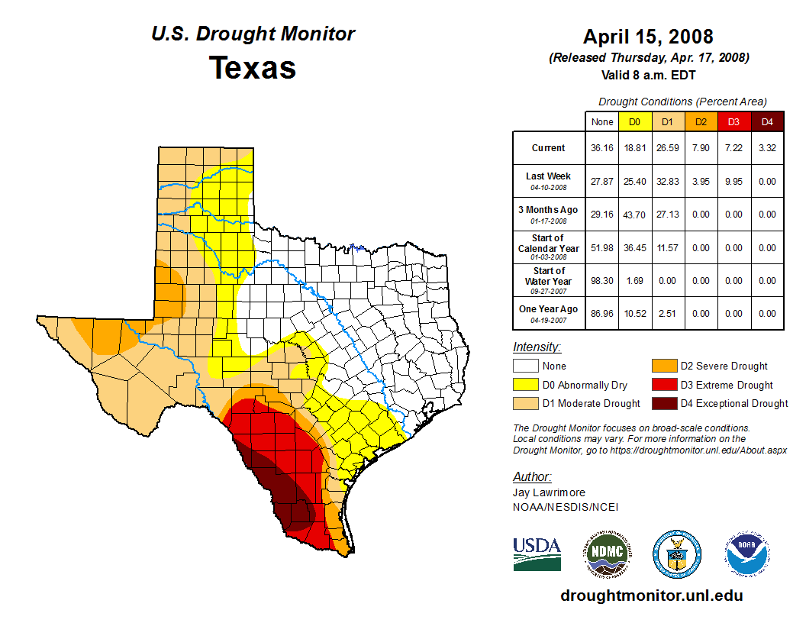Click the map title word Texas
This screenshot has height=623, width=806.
[253, 68]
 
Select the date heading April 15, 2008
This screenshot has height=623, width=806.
[648, 37]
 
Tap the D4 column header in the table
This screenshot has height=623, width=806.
[767, 121]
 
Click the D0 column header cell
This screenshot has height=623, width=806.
[634, 121]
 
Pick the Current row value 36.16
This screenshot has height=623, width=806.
[601, 148]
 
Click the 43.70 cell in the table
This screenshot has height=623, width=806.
[634, 215]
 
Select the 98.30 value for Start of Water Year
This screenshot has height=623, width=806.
[601, 281]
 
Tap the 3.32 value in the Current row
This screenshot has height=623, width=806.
[767, 148]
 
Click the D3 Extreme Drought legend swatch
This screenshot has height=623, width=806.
[663, 385]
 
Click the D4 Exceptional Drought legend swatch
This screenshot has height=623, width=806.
[663, 403]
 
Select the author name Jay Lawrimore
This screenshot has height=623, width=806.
[550, 492]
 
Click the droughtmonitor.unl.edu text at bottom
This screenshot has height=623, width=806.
[651, 596]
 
